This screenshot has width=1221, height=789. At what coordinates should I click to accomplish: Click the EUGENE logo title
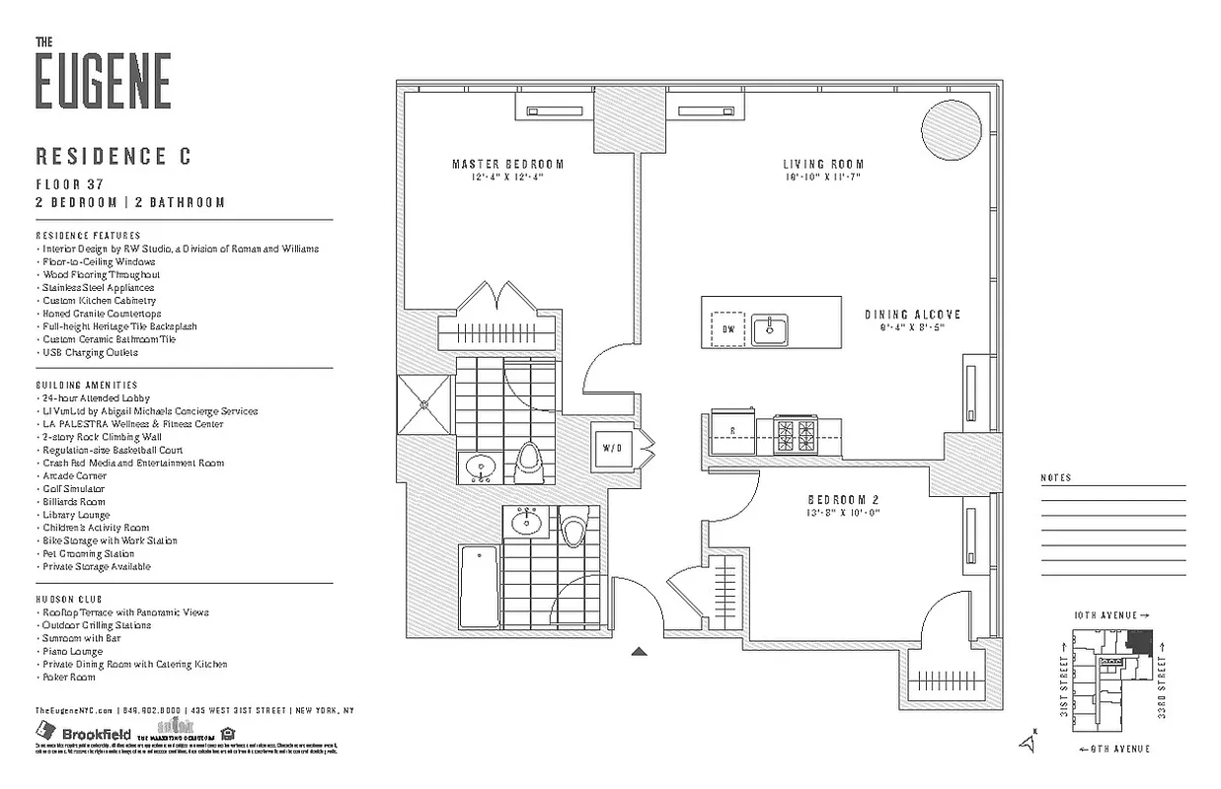coord(103,80)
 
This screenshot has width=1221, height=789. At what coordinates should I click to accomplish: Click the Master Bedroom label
coord(507,165)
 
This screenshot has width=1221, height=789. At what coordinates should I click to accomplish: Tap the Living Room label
coord(823,165)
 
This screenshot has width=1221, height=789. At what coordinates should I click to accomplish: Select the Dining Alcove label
coord(912,315)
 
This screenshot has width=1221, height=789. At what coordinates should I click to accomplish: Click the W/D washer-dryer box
coord(613,448)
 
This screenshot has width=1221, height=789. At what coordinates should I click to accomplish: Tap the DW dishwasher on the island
coord(727,328)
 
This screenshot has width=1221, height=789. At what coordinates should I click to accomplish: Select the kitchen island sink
coord(771,329)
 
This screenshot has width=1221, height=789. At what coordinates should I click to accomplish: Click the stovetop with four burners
coord(795,434)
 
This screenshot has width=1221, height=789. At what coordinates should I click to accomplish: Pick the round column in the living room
coord(951,127)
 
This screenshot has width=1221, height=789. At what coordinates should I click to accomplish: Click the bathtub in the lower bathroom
coord(479,586)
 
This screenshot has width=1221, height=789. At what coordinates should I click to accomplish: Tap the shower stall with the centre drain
coord(425,402)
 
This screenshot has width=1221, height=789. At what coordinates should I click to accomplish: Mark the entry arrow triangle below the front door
coord(639,651)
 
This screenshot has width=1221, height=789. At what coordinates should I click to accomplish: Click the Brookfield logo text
coord(96,734)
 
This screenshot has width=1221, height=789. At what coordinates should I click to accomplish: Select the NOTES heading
coord(1055,478)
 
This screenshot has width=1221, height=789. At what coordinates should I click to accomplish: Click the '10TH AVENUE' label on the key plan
coord(1105,615)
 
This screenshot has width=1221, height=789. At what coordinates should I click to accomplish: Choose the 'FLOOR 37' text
coord(70,184)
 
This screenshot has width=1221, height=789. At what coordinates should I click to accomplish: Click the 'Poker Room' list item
coord(68,678)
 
